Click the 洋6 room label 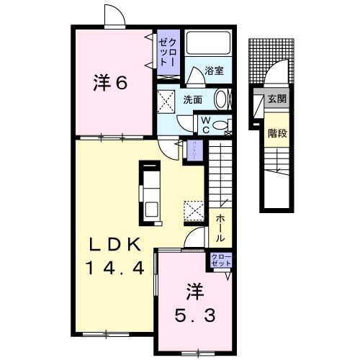coord(110,83)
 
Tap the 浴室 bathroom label coord(214,71)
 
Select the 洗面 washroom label coord(192,100)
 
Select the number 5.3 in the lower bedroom coord(194,315)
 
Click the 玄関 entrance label coord(276,99)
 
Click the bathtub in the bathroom coord(208,44)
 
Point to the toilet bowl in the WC coord(223,128)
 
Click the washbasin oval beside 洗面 coord(221,99)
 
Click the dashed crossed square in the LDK coord(194,211)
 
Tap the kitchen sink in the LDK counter coord(152,209)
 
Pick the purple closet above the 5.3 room coord(219,261)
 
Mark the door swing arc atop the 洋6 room coord(113,17)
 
